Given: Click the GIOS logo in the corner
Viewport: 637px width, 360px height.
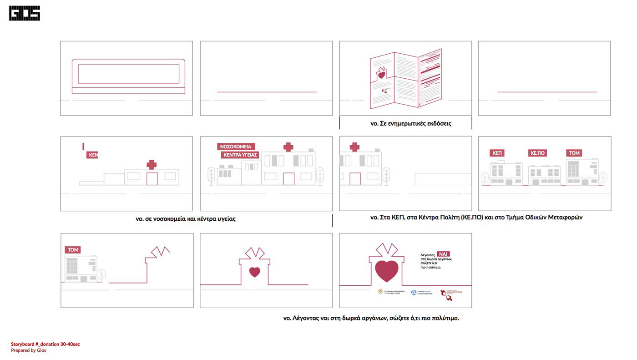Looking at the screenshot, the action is click(x=25, y=13).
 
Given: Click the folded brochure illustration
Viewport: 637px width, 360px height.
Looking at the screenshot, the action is click(x=406, y=79).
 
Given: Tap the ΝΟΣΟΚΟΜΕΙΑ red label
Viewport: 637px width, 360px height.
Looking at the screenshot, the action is click(x=236, y=147).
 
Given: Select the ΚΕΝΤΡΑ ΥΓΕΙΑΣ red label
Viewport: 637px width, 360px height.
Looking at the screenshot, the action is click(x=240, y=155).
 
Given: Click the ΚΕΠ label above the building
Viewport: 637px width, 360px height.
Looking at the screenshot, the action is click(x=497, y=153).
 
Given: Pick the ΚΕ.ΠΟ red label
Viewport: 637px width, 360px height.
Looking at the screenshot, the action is click(x=537, y=153).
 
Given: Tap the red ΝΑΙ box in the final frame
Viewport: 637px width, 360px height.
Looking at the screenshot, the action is click(x=443, y=254).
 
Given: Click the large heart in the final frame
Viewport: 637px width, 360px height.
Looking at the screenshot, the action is click(x=386, y=271).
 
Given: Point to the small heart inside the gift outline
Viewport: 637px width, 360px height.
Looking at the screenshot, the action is click(x=255, y=272).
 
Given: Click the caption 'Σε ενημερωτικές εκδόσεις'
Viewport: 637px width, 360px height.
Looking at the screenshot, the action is click(x=411, y=123).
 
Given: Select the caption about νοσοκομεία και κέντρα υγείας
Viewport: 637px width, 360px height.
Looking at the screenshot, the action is click(x=186, y=219).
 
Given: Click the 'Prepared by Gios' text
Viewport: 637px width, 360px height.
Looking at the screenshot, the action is click(x=29, y=350).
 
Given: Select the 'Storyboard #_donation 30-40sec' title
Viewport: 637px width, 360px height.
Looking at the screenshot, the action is click(x=45, y=344).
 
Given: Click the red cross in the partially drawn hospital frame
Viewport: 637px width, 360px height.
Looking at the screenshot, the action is click(x=152, y=164).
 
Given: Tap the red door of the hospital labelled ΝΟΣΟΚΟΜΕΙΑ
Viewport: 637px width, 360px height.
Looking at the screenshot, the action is click(x=288, y=179).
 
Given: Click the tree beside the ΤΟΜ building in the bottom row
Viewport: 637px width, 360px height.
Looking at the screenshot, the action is click(x=101, y=274).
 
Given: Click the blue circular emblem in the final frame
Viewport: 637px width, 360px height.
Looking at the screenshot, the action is click(x=414, y=293).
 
